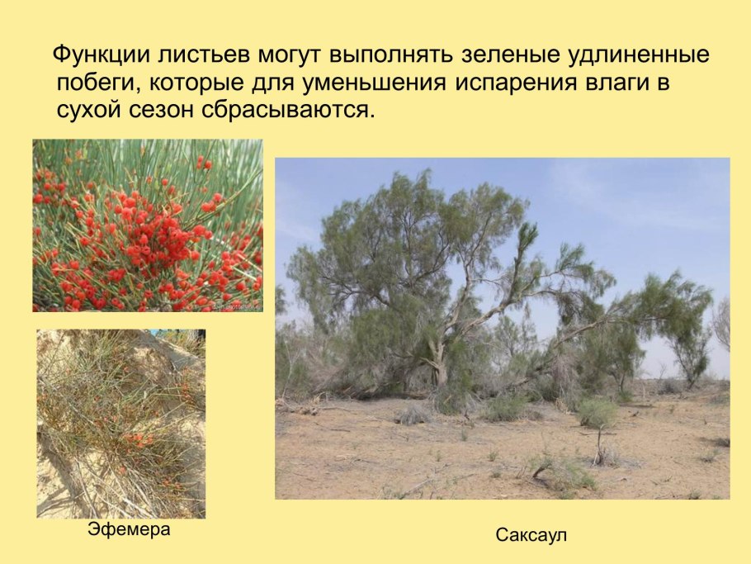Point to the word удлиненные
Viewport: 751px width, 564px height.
click(x=640, y=57)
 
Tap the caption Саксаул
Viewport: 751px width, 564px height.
click(x=531, y=535)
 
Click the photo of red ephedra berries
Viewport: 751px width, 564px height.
click(x=148, y=225)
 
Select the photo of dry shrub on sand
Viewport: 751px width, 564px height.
click(x=120, y=423)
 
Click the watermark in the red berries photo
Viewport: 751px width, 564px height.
click(x=234, y=306)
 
